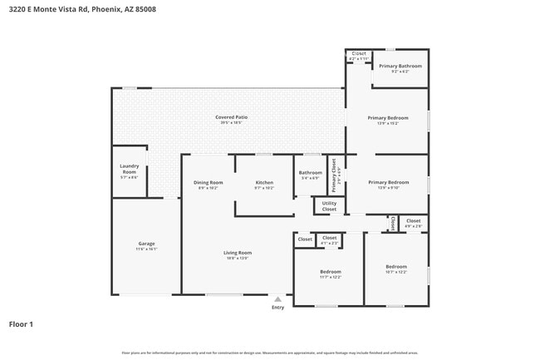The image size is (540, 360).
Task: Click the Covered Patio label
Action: tap(231, 117)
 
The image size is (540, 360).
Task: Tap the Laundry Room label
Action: tap(129, 168)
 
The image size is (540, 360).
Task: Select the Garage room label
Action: tap(146, 244)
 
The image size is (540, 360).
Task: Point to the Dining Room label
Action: tap(208, 182)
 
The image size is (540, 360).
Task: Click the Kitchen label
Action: tap(264, 182)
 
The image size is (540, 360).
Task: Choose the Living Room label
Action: tap(238, 253)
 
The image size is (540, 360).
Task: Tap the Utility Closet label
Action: tap(329, 205)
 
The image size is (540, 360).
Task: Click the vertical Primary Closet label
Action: tap(334, 175)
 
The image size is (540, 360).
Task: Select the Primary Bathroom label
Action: tap(400, 66)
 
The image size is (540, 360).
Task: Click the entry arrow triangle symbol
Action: tap(277, 298)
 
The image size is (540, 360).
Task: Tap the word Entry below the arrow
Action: tap(277, 308)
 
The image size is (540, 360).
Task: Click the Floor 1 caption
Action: tap(21, 323)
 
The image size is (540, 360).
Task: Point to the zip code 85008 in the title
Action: tap(144, 9)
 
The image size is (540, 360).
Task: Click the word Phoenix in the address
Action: tap(105, 9)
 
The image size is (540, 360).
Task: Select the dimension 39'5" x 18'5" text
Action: tap(231, 124)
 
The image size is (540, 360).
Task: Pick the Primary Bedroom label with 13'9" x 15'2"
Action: tap(388, 118)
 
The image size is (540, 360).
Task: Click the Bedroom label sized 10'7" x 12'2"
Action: tap(395, 267)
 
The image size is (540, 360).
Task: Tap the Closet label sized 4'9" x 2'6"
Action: tap(413, 221)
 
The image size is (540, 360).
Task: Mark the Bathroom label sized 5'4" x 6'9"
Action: tap(310, 172)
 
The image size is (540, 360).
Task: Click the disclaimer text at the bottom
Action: tap(270, 353)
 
